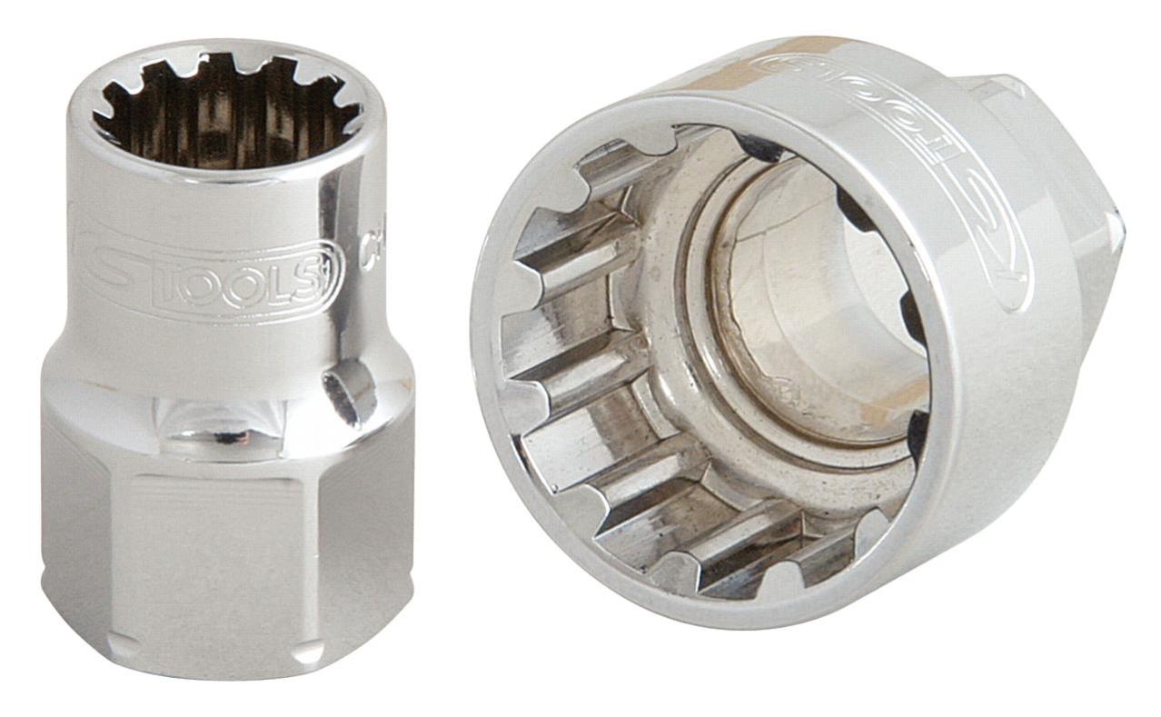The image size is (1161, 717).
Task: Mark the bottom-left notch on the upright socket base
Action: click(123, 645)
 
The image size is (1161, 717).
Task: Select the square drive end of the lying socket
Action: click(1081, 182)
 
